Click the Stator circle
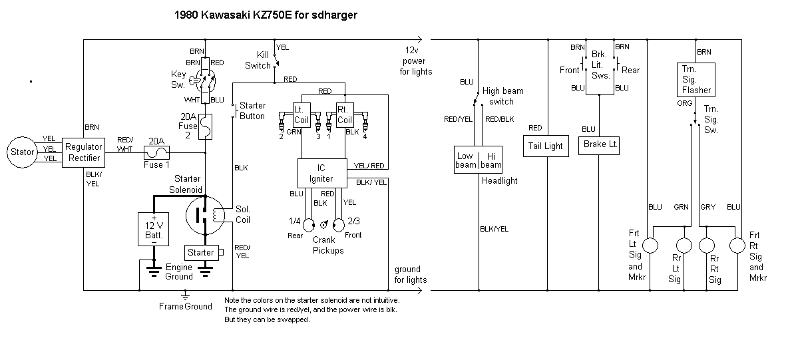(x=21, y=152)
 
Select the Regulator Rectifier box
(x=84, y=152)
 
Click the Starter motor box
(x=201, y=253)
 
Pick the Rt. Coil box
(x=344, y=114)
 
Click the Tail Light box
(x=545, y=146)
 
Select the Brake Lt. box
(x=600, y=144)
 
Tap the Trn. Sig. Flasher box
(x=696, y=79)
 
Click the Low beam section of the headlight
(x=465, y=160)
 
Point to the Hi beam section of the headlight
(x=491, y=160)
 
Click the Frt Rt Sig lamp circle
(x=736, y=246)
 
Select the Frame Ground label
(x=185, y=306)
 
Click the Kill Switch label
(x=258, y=60)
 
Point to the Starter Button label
(x=252, y=110)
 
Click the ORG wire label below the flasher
(x=684, y=104)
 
